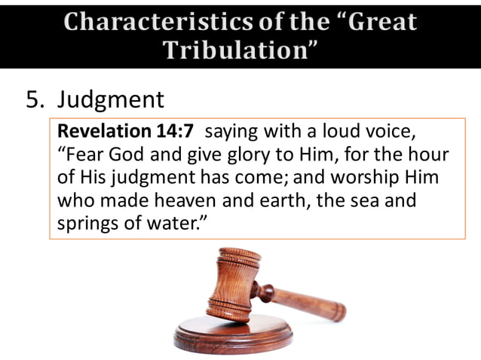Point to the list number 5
[x=34, y=100]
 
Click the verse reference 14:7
[x=175, y=132]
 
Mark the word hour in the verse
[x=427, y=156]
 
